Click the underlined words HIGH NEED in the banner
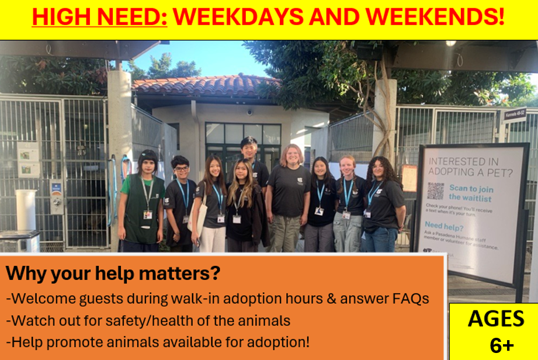coord(99,17)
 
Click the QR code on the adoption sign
coord(435,191)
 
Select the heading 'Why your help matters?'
coord(113,273)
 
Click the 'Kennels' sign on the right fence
coord(515,115)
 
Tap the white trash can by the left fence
coord(26,210)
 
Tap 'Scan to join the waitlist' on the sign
coord(471,192)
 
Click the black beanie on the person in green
coord(148,156)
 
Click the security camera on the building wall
coord(250,111)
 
